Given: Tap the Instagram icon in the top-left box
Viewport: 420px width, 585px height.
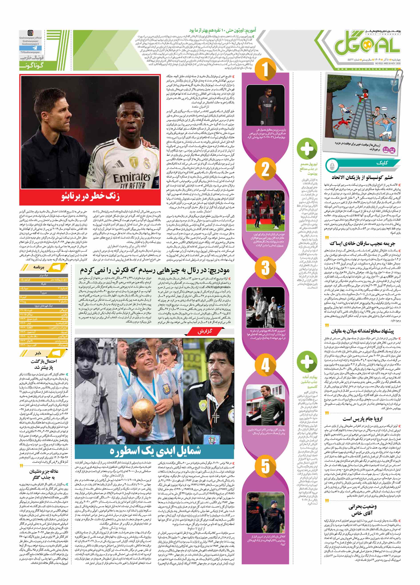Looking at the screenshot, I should pyautogui.click(x=30, y=33).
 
